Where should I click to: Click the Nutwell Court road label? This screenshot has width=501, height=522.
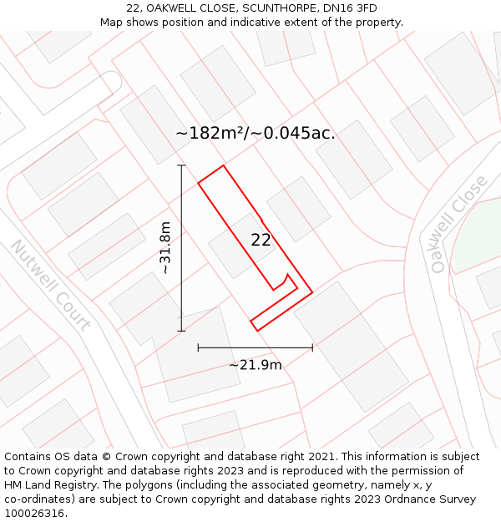tap(50, 285)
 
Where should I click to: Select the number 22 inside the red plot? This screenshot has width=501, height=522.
tap(261, 240)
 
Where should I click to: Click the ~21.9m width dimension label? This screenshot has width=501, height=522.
tap(256, 364)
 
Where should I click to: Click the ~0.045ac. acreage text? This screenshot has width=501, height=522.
tap(296, 133)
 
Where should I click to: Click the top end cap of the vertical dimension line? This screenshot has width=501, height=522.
tap(181, 165)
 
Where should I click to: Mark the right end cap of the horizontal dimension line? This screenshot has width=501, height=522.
tap(312, 347)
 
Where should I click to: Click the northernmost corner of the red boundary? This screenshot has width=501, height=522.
tap(223, 165)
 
